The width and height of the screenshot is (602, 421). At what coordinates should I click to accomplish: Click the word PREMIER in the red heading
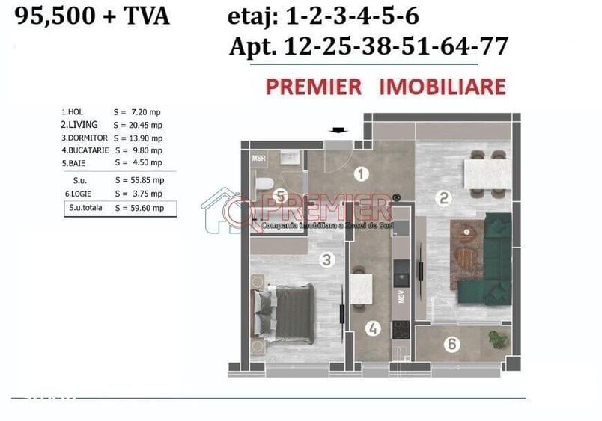[x=313, y=86]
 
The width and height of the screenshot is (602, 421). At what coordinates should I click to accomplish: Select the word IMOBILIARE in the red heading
[x=443, y=86]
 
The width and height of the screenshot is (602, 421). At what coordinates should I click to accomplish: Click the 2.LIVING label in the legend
[x=80, y=125]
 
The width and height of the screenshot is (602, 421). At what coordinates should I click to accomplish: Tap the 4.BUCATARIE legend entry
[x=85, y=150]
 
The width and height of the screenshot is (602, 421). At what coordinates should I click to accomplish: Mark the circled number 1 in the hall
[x=361, y=175]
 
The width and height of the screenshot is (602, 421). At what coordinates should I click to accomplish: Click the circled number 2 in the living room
[x=444, y=198]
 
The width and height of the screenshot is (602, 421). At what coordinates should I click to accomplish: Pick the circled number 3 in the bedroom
[x=326, y=260]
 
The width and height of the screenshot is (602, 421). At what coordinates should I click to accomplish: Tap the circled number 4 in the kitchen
[x=373, y=328]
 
